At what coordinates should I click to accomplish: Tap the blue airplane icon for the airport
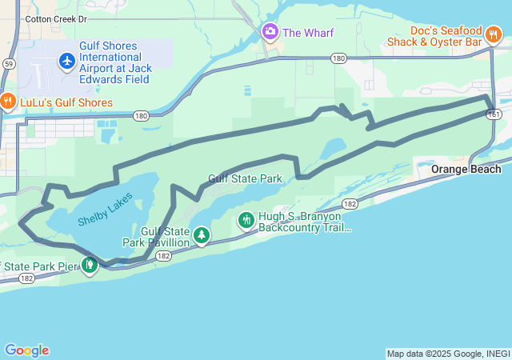(x=66, y=60)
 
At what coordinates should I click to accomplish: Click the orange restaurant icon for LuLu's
(x=8, y=102)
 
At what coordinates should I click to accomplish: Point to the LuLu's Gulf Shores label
(x=66, y=102)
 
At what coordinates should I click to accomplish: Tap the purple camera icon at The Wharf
(x=270, y=32)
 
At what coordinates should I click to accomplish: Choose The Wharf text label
(x=308, y=33)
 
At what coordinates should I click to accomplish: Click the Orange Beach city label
(x=466, y=169)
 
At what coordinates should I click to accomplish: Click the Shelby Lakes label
(x=106, y=210)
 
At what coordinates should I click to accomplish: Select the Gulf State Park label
(x=244, y=178)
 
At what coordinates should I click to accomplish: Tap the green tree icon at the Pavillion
(x=202, y=235)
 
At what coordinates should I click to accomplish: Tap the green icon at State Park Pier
(x=90, y=264)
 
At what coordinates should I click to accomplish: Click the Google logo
(x=26, y=350)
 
